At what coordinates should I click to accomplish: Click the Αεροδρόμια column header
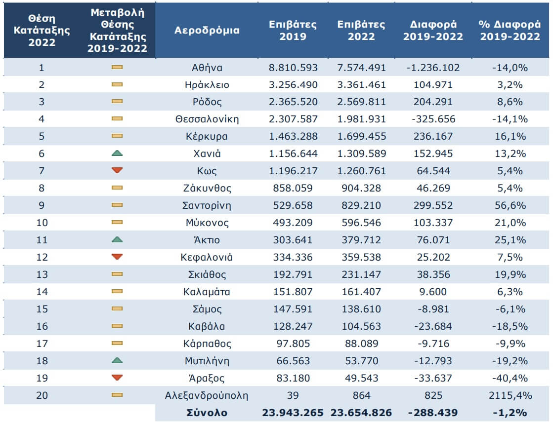(207, 30)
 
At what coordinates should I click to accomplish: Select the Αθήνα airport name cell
(207, 68)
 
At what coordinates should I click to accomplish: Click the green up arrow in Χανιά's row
(117, 153)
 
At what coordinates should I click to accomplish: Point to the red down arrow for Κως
(117, 171)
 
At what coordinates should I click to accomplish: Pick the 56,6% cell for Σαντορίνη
(510, 205)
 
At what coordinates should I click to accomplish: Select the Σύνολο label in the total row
(207, 413)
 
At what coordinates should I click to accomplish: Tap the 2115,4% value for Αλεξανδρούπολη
(510, 395)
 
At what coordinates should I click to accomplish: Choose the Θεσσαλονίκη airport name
(207, 119)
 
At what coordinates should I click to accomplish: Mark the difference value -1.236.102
(433, 68)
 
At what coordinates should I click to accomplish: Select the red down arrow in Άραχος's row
(117, 378)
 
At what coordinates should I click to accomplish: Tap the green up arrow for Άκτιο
(117, 240)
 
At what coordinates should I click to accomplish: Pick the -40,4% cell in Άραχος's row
(510, 378)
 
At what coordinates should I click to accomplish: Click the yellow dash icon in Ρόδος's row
(117, 102)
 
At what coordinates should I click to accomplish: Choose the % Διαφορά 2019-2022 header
(510, 30)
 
